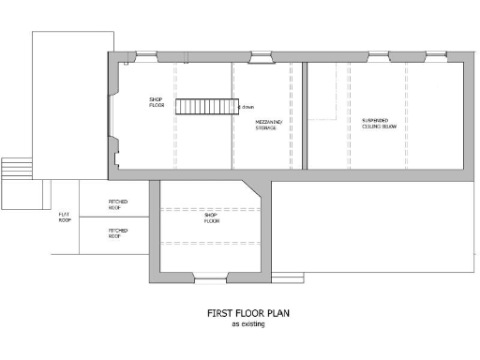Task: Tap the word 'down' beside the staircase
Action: click(x=247, y=108)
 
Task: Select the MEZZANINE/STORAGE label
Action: click(x=268, y=125)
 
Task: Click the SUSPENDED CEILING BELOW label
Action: click(x=382, y=124)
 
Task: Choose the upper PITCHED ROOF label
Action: click(x=118, y=203)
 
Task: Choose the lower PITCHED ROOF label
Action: click(x=118, y=232)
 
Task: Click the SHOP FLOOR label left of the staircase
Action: click(x=157, y=102)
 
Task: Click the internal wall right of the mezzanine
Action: click(x=299, y=117)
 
